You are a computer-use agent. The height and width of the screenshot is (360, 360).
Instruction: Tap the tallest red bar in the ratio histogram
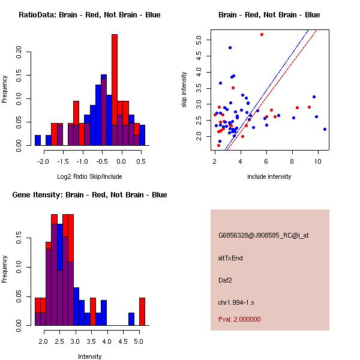[115, 90]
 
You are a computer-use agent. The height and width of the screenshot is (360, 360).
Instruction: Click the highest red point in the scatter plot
[262, 34]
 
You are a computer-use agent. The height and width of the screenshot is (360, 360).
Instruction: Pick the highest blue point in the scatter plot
[230, 47]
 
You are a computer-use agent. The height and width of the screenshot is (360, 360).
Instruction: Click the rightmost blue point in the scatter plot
[325, 129]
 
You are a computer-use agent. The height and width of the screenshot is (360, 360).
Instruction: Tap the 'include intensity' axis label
[269, 176]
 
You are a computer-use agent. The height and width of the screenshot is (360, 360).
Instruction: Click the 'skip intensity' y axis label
[184, 90]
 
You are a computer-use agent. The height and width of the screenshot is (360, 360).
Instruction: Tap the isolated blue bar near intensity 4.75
[131, 319]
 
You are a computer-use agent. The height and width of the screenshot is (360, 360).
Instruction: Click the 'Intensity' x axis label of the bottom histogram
[89, 356]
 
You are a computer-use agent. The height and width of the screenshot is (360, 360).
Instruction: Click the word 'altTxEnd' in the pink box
[231, 258]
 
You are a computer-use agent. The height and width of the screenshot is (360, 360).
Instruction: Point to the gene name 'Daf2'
[226, 280]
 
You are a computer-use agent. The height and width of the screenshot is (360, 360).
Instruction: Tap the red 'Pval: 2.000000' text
[239, 319]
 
